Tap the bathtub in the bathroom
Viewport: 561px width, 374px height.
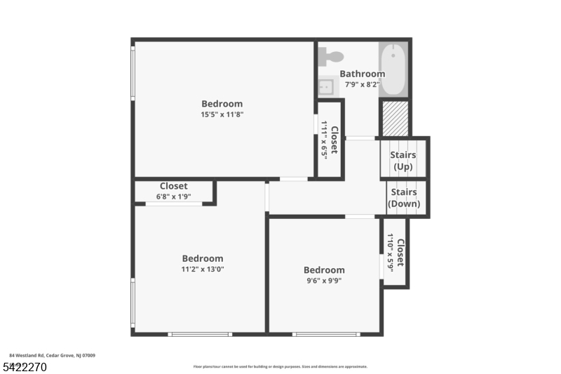tap(393, 69)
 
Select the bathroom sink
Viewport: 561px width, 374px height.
tap(326, 87)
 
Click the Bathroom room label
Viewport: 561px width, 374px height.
tap(362, 74)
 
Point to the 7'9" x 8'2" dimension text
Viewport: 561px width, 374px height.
tap(362, 84)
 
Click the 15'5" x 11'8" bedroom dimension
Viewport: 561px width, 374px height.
tap(222, 115)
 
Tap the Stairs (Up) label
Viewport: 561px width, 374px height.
tap(403, 161)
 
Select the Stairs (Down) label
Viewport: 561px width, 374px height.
tap(404, 198)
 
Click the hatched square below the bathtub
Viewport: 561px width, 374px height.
tap(395, 118)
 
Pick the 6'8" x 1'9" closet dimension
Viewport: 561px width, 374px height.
tap(173, 196)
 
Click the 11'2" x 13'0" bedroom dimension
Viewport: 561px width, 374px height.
tap(203, 269)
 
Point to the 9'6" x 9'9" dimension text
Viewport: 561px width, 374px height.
tap(324, 281)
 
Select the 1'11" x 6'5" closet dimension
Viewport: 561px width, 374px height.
tap(325, 140)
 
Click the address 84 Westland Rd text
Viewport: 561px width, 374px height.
tap(53, 356)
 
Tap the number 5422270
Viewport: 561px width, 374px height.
tap(24, 366)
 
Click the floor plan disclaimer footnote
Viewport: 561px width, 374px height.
tap(280, 366)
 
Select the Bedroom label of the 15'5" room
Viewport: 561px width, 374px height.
tap(222, 104)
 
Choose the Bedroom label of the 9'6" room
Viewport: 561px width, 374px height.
tap(324, 270)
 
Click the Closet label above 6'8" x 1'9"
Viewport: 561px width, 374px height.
tap(173, 186)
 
